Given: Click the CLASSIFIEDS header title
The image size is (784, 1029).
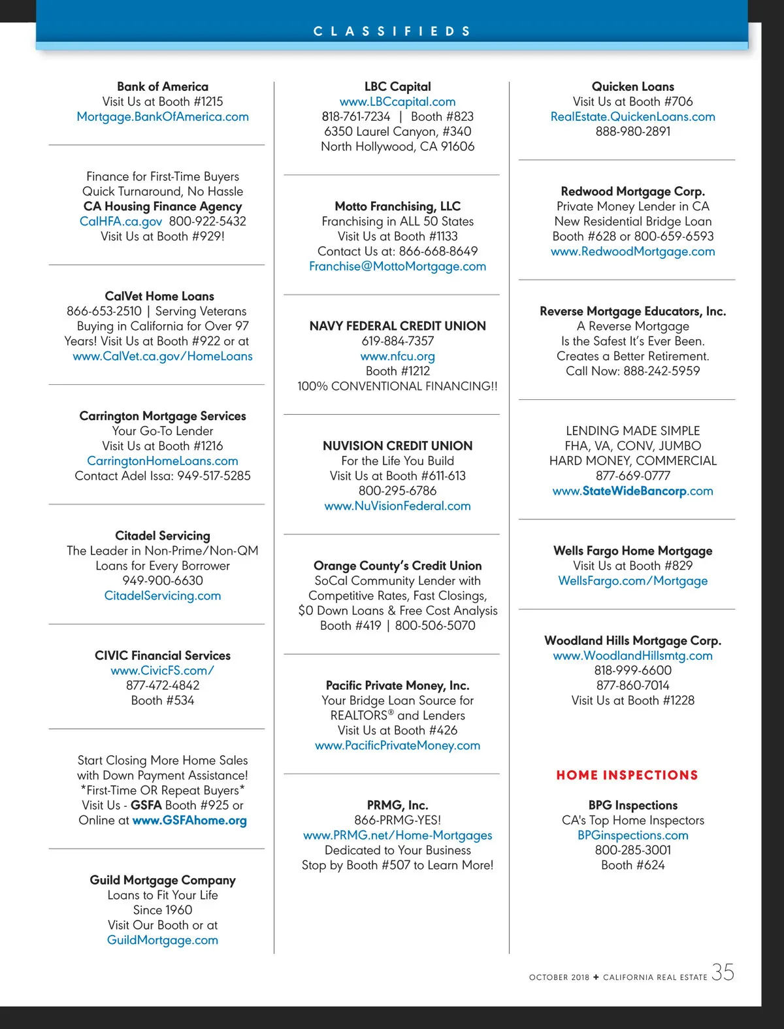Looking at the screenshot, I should coord(392,31).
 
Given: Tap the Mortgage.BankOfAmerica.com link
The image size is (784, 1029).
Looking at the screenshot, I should coord(163,117).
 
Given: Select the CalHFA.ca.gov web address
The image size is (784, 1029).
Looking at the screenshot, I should coord(121,221).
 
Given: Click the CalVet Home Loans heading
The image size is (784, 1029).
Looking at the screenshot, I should coord(159,297).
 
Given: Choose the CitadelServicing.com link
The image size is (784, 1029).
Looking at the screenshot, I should coord(163,596).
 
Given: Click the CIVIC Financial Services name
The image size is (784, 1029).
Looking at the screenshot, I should coord(163,656).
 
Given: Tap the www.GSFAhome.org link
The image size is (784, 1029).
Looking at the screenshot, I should coord(189,821).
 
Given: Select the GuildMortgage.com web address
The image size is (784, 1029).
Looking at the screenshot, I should coord(163,940).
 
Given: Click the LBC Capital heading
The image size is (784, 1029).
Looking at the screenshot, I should coord(397,87).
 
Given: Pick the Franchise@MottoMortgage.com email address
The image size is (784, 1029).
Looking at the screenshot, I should coord(397,267).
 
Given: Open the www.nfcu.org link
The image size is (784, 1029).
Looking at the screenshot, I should coord(397,357).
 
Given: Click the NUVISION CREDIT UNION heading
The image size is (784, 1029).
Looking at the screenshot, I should coord(397,446).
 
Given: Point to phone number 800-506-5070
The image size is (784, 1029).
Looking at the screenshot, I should coord(435,626).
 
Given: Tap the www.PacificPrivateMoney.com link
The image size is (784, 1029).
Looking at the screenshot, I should coord(397,745).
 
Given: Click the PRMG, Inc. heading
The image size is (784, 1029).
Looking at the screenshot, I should coord(397,806).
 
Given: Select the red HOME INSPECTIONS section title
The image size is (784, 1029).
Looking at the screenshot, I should coord(627,776).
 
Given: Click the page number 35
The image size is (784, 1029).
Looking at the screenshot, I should coord(723,973).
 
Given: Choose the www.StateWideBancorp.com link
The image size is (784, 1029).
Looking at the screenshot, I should coord(632,491).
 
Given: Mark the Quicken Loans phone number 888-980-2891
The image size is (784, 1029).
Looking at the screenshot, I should coord(632,131).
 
